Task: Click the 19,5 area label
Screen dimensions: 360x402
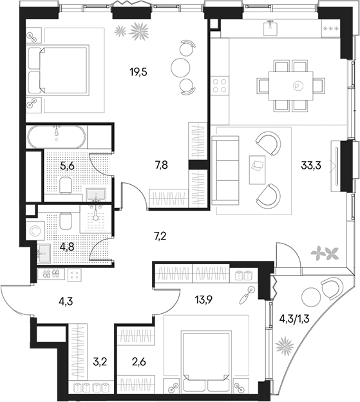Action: click(x=138, y=73)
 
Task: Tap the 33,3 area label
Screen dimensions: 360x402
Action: click(x=311, y=166)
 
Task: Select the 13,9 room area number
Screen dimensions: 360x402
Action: click(x=204, y=299)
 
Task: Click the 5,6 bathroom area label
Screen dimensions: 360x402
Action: click(x=67, y=166)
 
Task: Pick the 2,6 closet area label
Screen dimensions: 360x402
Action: click(x=140, y=362)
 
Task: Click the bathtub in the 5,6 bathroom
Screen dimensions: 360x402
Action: click(x=57, y=137)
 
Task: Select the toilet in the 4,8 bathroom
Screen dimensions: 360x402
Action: click(x=66, y=220)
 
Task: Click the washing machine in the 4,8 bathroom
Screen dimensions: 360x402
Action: click(x=35, y=231)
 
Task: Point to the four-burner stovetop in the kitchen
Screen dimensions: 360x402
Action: click(x=220, y=86)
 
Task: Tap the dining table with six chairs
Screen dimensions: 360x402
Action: click(x=290, y=86)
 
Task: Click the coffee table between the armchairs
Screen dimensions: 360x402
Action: click(x=257, y=169)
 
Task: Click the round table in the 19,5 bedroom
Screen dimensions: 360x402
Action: click(x=180, y=67)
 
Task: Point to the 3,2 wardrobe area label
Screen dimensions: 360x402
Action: click(x=100, y=362)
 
